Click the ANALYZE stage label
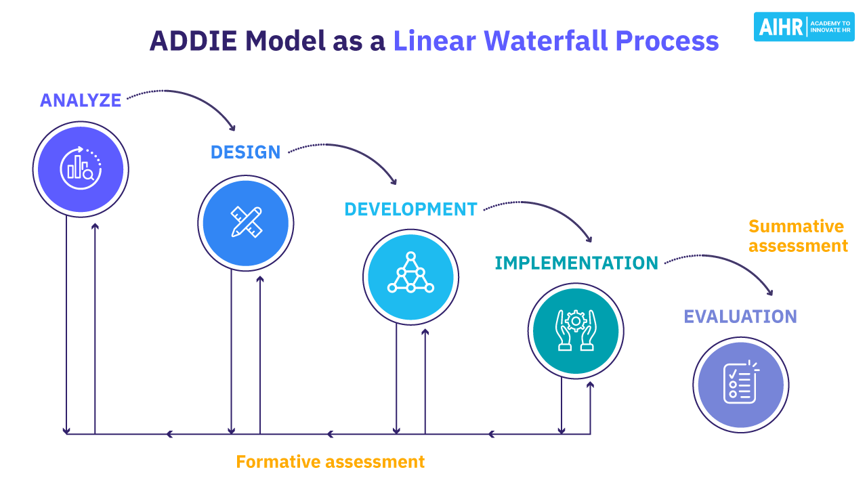[81, 100]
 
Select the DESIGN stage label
[245, 152]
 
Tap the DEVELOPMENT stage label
[410, 209]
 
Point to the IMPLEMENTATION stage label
[576, 263]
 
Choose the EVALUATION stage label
[740, 316]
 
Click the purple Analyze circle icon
[81, 169]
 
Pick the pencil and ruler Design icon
[246, 222]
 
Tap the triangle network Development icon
[410, 276]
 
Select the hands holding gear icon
[576, 330]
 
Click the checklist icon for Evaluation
[740, 384]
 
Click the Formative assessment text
[330, 462]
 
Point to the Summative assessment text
[797, 236]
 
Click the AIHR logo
[803, 26]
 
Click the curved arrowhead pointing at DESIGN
[233, 127]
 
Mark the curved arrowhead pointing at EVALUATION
[769, 293]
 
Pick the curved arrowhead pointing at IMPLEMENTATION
[589, 239]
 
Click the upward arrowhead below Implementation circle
[590, 385]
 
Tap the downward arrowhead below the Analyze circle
[66, 430]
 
